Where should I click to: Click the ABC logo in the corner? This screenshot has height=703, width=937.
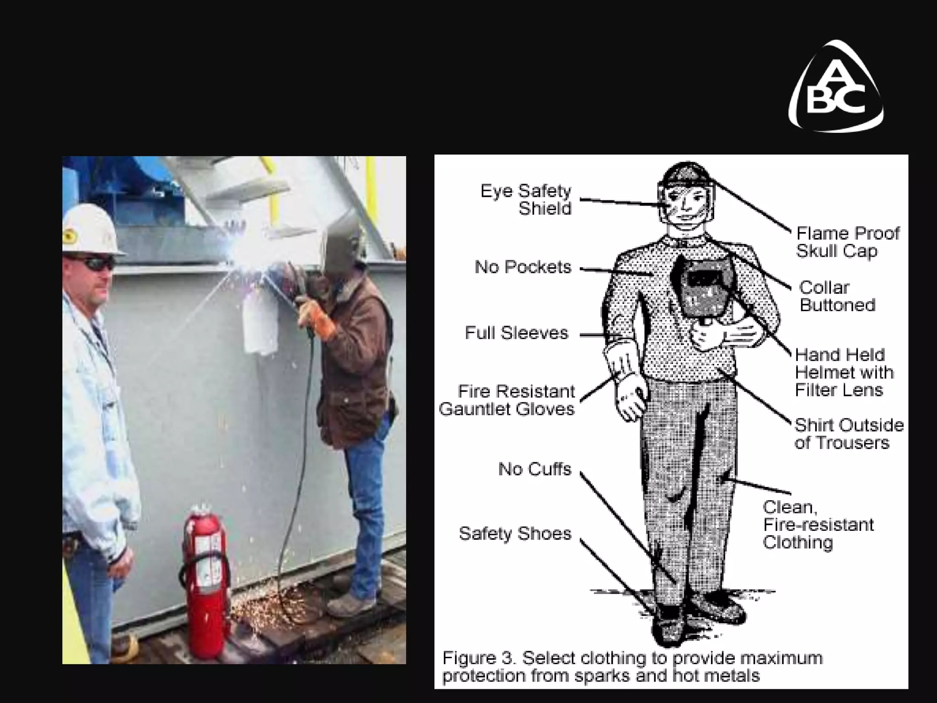tap(836, 87)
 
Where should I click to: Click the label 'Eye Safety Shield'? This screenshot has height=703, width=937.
tap(526, 200)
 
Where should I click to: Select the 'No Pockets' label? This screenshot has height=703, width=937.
tap(523, 267)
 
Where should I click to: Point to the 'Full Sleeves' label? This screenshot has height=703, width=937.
tap(516, 333)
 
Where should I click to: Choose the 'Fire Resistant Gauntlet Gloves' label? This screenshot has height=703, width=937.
tap(507, 400)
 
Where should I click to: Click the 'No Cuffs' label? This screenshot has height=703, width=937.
tap(535, 469)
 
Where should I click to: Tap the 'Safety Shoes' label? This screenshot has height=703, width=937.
tap(515, 534)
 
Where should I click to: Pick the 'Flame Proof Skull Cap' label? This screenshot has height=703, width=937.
tap(848, 242)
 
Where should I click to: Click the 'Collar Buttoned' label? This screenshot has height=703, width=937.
tap(837, 296)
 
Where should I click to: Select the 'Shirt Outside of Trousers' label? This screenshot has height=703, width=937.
tap(849, 434)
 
